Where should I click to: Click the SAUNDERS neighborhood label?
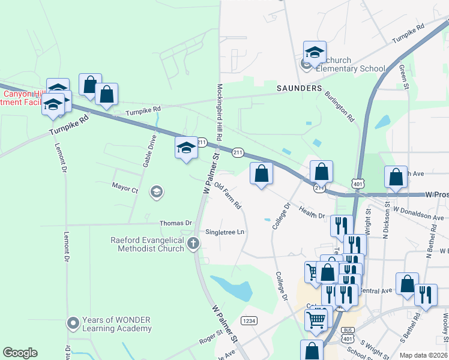299,88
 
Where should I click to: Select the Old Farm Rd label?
228,196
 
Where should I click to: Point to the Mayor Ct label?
125,188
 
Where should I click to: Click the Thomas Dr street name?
175,223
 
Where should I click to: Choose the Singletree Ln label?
225,232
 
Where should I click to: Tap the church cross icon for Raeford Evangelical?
193,243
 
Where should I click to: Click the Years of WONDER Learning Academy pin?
73,323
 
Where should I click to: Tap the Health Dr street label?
312,212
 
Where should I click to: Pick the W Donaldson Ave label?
418,214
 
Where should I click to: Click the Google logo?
20,353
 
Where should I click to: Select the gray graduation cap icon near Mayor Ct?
156,192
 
